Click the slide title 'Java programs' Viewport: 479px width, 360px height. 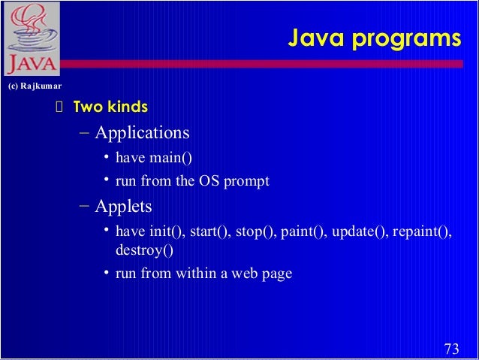coord(375,38)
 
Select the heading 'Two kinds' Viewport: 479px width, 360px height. coord(110,107)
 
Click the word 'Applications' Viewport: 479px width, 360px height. coord(142,133)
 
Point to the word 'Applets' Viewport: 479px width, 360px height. coord(123,205)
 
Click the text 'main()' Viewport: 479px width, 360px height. coord(170,157)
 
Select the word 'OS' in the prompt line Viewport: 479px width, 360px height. coord(211,181)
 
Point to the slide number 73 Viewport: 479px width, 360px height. coord(451,348)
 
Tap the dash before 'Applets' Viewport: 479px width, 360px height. coord(84,205)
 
